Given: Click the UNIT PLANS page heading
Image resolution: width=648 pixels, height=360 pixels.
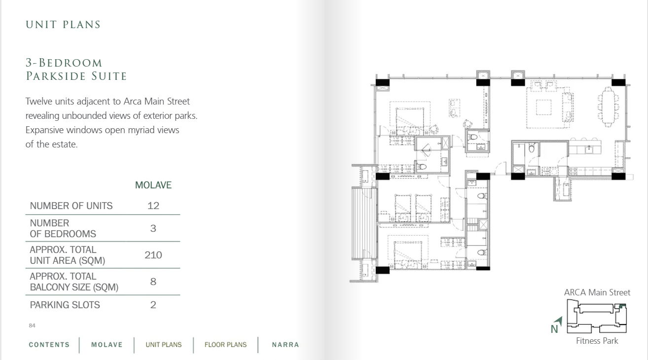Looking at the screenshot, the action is (x=63, y=25).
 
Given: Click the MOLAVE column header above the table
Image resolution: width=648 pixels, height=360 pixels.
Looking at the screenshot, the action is (x=153, y=185).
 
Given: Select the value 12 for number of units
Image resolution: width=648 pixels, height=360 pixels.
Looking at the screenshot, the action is (x=153, y=206).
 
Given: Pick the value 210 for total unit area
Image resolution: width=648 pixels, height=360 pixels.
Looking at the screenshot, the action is (x=153, y=255).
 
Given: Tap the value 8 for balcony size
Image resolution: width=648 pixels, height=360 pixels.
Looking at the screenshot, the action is (x=153, y=282).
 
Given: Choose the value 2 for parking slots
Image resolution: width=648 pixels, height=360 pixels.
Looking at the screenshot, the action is (x=153, y=305).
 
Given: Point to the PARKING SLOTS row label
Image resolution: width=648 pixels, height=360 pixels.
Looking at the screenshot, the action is (x=65, y=305).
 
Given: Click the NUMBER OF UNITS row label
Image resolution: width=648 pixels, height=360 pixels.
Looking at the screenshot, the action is (x=71, y=206).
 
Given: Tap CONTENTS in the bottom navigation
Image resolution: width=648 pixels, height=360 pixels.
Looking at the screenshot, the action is (x=49, y=345).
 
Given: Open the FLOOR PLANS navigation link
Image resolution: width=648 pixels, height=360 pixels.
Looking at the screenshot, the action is (x=226, y=345).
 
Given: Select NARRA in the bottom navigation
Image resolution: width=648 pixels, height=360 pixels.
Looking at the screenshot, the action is (x=286, y=345).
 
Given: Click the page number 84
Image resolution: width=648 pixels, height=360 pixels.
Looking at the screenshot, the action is (x=32, y=325).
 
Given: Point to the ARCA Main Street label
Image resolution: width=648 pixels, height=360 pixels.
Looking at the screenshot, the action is (x=597, y=292).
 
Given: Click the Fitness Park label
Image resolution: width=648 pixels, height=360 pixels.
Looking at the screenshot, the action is (x=597, y=341).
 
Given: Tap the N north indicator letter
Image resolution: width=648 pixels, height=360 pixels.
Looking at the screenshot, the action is (x=554, y=329).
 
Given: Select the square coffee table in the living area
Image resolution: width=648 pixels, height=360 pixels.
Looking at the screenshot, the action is (x=543, y=107).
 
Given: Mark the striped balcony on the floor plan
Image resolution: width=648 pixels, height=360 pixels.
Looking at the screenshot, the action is (x=364, y=223).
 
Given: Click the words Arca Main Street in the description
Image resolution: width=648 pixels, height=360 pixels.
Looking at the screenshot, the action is (x=156, y=101).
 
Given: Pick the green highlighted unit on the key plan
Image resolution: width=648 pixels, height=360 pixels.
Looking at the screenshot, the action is (x=622, y=306).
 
